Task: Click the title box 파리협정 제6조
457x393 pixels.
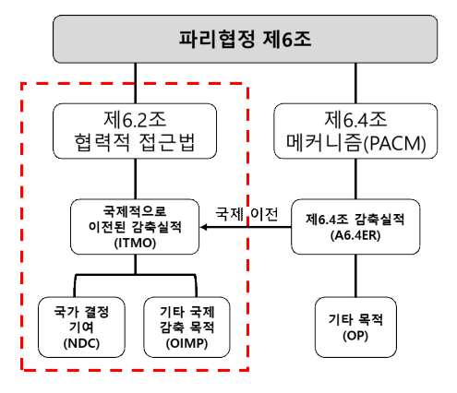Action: [x=245, y=39]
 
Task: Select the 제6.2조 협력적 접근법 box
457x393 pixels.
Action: [x=135, y=131]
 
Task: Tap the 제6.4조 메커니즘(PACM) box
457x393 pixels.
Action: [x=355, y=131]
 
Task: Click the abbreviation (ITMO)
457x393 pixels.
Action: [x=135, y=244]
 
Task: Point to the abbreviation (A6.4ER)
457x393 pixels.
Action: [x=355, y=235]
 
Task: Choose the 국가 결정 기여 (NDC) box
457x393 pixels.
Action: [x=81, y=327]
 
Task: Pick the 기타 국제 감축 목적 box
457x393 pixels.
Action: [x=186, y=327]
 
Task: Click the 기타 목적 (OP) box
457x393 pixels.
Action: [x=355, y=327]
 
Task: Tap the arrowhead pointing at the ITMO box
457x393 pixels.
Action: [x=203, y=227]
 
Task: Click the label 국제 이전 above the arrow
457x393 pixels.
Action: [x=247, y=213]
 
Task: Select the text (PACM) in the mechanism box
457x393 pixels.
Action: [x=395, y=143]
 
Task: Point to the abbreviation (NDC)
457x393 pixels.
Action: [x=81, y=343]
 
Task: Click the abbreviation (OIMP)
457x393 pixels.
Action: [x=186, y=343]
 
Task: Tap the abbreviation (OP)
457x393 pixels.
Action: [x=355, y=336]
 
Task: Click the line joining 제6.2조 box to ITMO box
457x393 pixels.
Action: [x=135, y=179]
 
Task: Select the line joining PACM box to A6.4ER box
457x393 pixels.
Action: [x=355, y=179]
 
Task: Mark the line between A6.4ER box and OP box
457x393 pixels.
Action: [x=355, y=276]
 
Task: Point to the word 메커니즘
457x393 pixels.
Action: [x=324, y=143]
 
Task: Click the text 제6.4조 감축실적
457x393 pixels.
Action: [x=355, y=220]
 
